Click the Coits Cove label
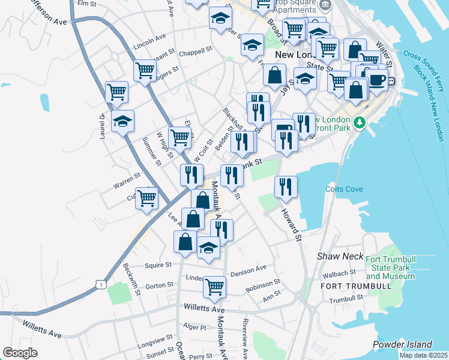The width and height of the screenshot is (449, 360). pos(345,189)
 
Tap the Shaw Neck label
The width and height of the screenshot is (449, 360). pos(340,256)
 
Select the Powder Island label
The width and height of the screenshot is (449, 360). pos(402,344)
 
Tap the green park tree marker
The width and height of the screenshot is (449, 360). pos(360,122)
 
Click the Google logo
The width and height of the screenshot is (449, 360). pos(20,353)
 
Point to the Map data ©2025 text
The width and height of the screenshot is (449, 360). pos(424,355)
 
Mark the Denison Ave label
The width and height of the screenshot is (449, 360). pos(248,268)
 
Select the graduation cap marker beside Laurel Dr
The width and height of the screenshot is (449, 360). pos(123,121)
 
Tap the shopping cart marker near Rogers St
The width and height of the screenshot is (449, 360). pos(145,71)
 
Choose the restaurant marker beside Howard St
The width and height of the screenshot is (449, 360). pos(286,186)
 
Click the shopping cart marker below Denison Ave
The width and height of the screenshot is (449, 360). pos(214,287)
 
